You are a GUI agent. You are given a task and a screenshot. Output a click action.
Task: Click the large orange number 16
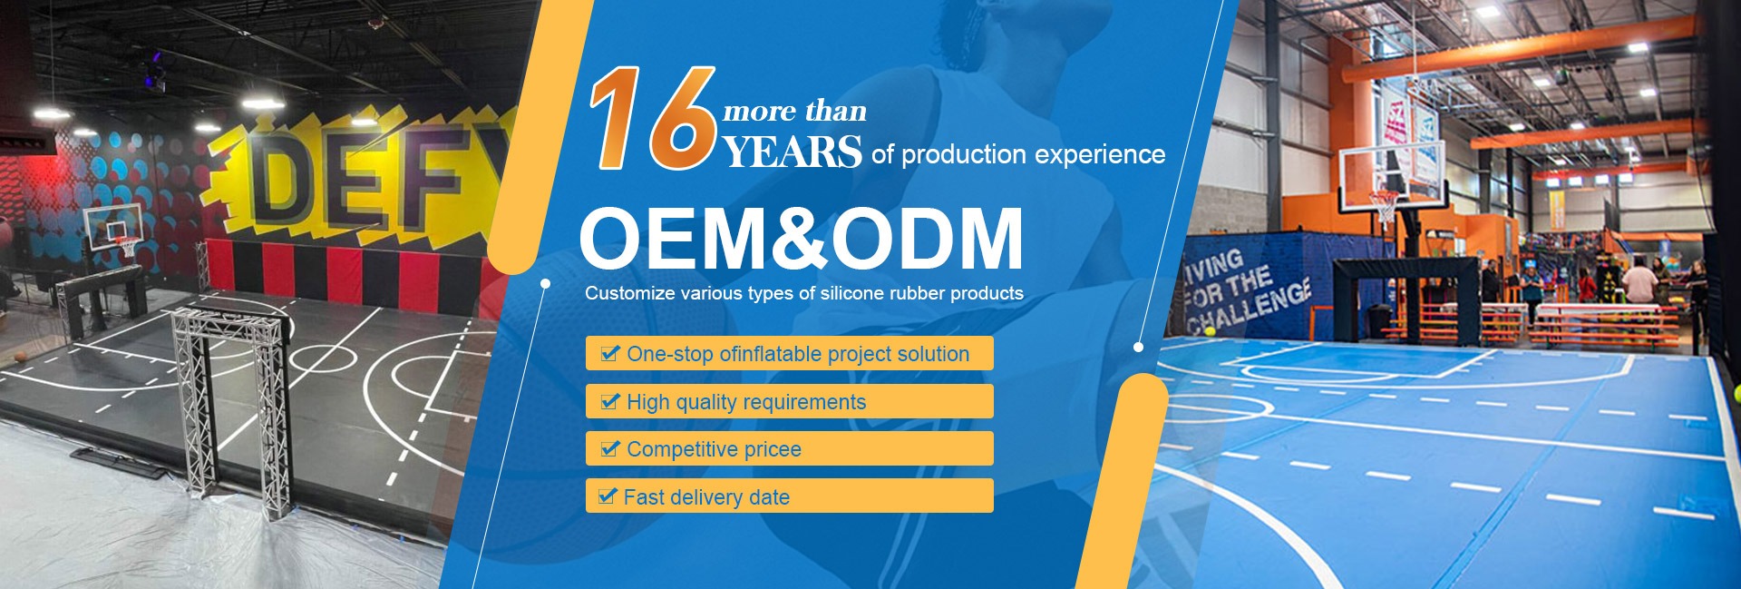tap(653, 118)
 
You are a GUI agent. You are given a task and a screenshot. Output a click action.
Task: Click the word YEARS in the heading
tap(793, 152)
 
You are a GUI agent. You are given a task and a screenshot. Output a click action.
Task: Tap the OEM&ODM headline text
tap(802, 239)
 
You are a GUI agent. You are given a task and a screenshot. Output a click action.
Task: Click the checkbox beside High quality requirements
tap(610, 401)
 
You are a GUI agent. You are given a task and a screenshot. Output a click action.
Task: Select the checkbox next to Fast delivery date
tap(608, 496)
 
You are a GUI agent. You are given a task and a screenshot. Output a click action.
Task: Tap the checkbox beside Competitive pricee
tap(610, 448)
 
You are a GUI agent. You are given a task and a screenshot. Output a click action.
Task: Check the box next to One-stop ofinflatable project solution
tap(610, 353)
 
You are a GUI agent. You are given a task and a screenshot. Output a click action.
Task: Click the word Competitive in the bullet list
tap(683, 449)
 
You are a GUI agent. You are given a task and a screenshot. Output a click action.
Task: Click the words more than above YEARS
tap(795, 112)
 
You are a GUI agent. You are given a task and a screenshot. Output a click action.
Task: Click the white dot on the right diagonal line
tap(1139, 347)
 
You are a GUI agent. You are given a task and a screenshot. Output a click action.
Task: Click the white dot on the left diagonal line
tap(545, 283)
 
